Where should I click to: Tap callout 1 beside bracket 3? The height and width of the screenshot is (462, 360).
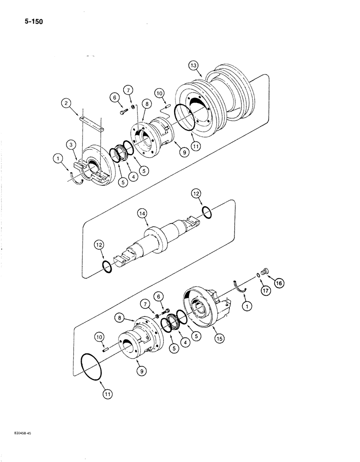[x=58, y=159]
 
